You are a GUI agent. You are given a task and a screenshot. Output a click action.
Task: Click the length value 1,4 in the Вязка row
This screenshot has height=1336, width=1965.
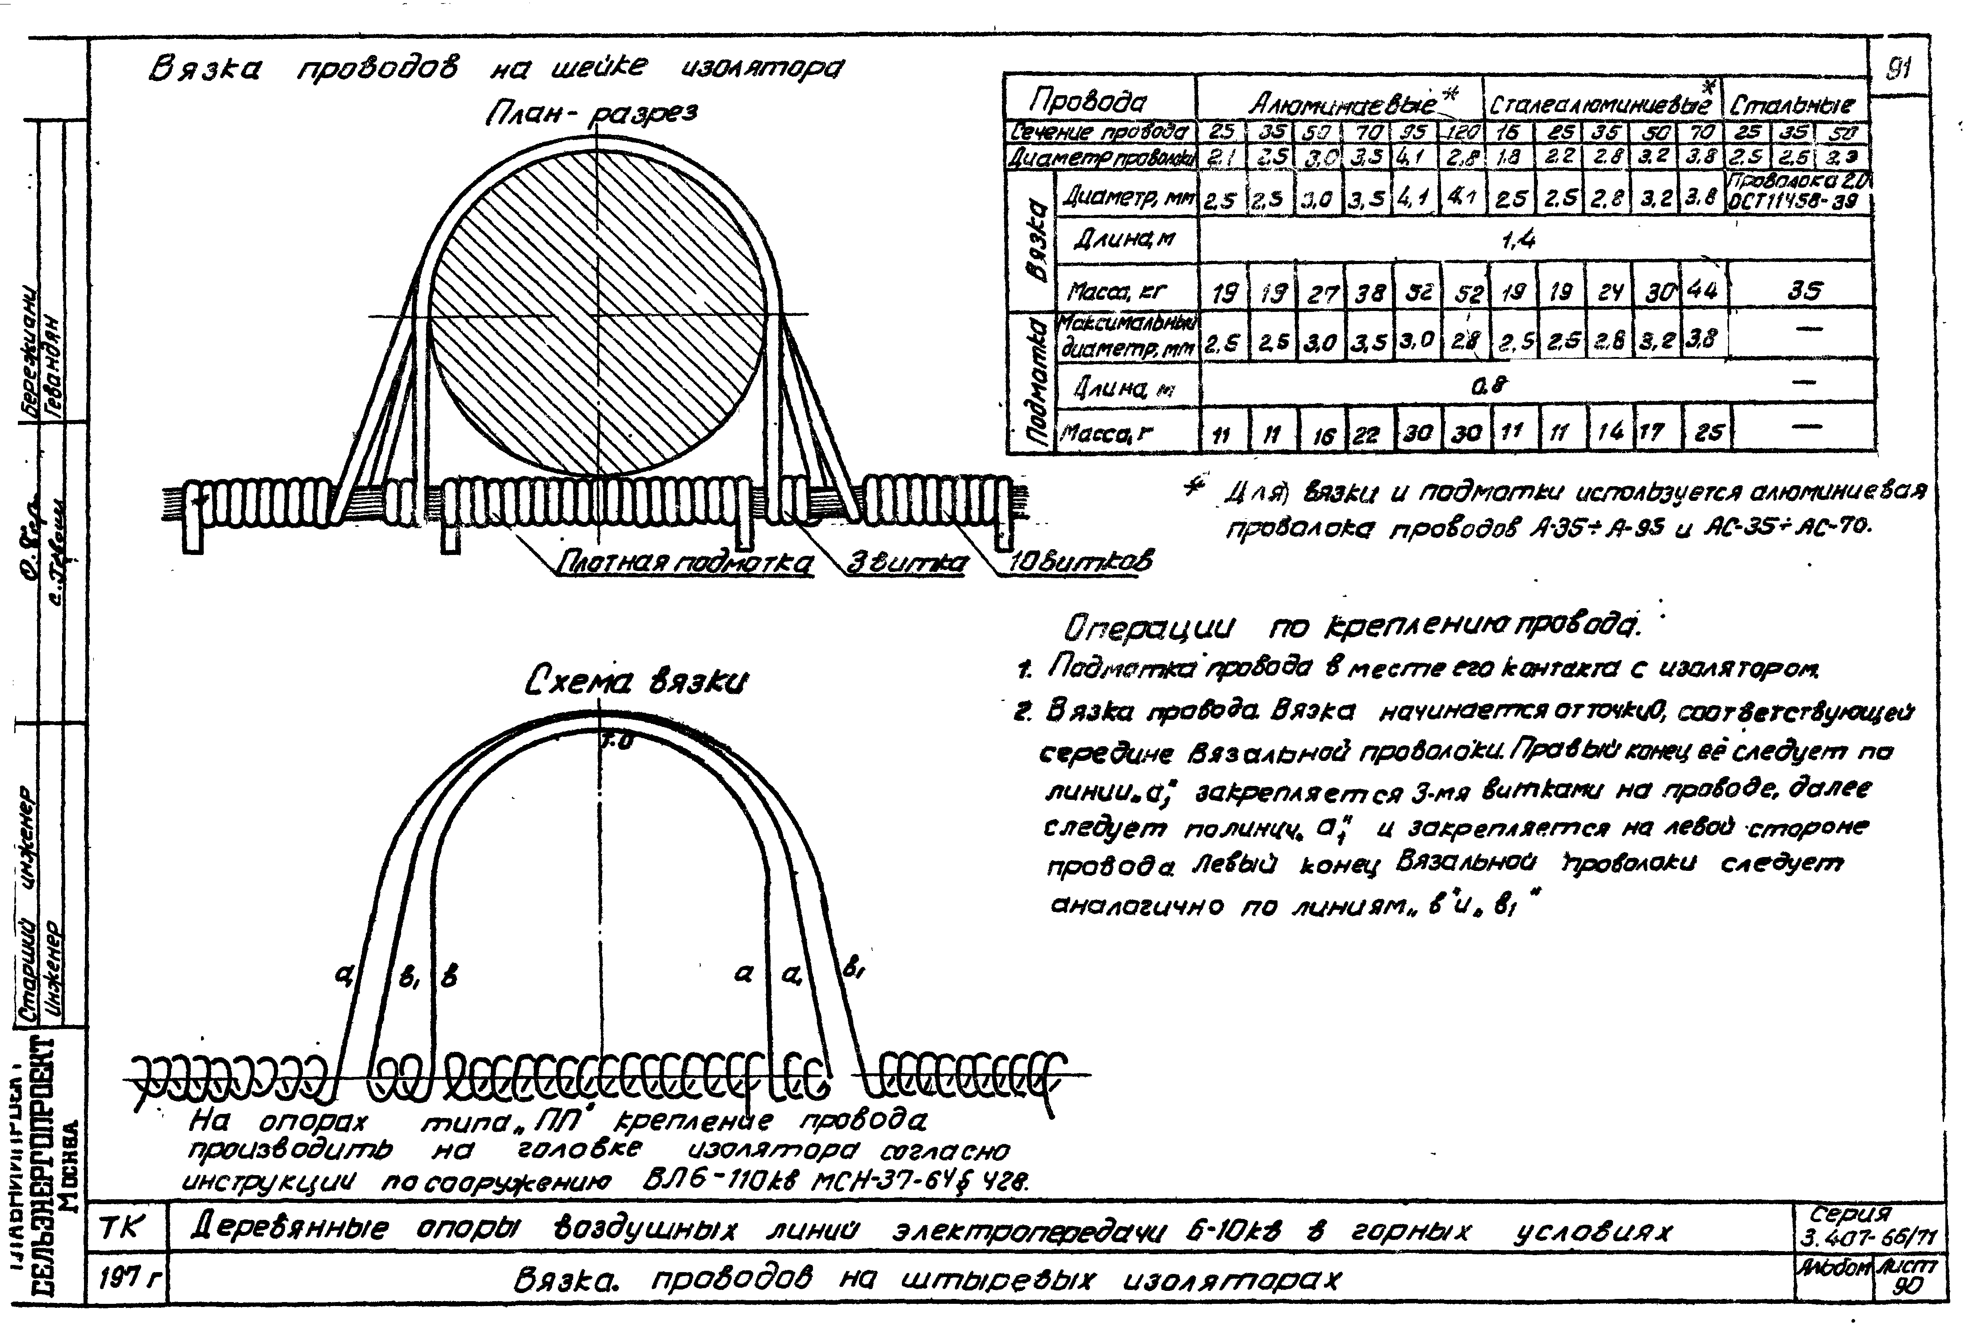[x=1519, y=240]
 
